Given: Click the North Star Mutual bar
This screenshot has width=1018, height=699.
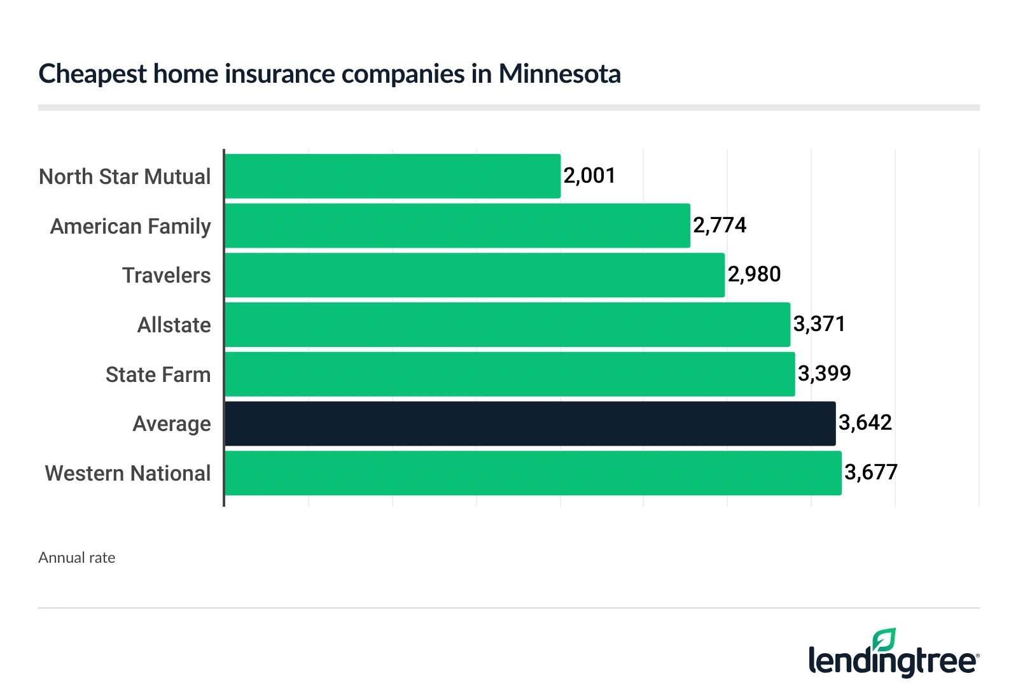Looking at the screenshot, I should [x=393, y=176].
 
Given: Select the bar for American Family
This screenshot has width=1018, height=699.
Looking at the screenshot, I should [x=457, y=226].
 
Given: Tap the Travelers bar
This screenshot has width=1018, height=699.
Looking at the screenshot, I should [x=475, y=275].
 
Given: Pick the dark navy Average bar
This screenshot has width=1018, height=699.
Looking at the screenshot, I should [x=530, y=423].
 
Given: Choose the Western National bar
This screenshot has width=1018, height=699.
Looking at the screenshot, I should [x=533, y=473].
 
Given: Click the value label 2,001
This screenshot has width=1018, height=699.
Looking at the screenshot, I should [x=589, y=176].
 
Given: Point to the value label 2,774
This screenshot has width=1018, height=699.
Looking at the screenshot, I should [x=720, y=225].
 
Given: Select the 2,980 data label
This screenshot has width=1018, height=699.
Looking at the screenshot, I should [x=754, y=274].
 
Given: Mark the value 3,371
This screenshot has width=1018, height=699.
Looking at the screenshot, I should [x=819, y=324].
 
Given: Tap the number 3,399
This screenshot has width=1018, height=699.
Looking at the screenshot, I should [x=824, y=374].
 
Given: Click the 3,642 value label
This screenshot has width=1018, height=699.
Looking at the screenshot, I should [x=865, y=423].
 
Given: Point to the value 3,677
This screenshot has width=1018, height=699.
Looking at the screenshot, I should [x=871, y=472].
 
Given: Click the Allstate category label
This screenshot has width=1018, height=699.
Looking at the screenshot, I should [x=174, y=325].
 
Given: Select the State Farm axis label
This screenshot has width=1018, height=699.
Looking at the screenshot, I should [x=158, y=375].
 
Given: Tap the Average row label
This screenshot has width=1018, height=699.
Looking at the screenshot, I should [x=171, y=424].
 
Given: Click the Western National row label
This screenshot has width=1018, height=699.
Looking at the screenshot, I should [x=127, y=474].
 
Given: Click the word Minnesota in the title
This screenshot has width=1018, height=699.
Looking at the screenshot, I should [x=559, y=74].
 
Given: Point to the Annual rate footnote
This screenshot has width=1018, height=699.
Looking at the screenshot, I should [x=77, y=558].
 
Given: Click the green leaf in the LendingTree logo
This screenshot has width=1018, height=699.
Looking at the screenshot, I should [x=884, y=640].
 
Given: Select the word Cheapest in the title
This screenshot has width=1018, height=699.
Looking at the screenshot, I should [x=93, y=74].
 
